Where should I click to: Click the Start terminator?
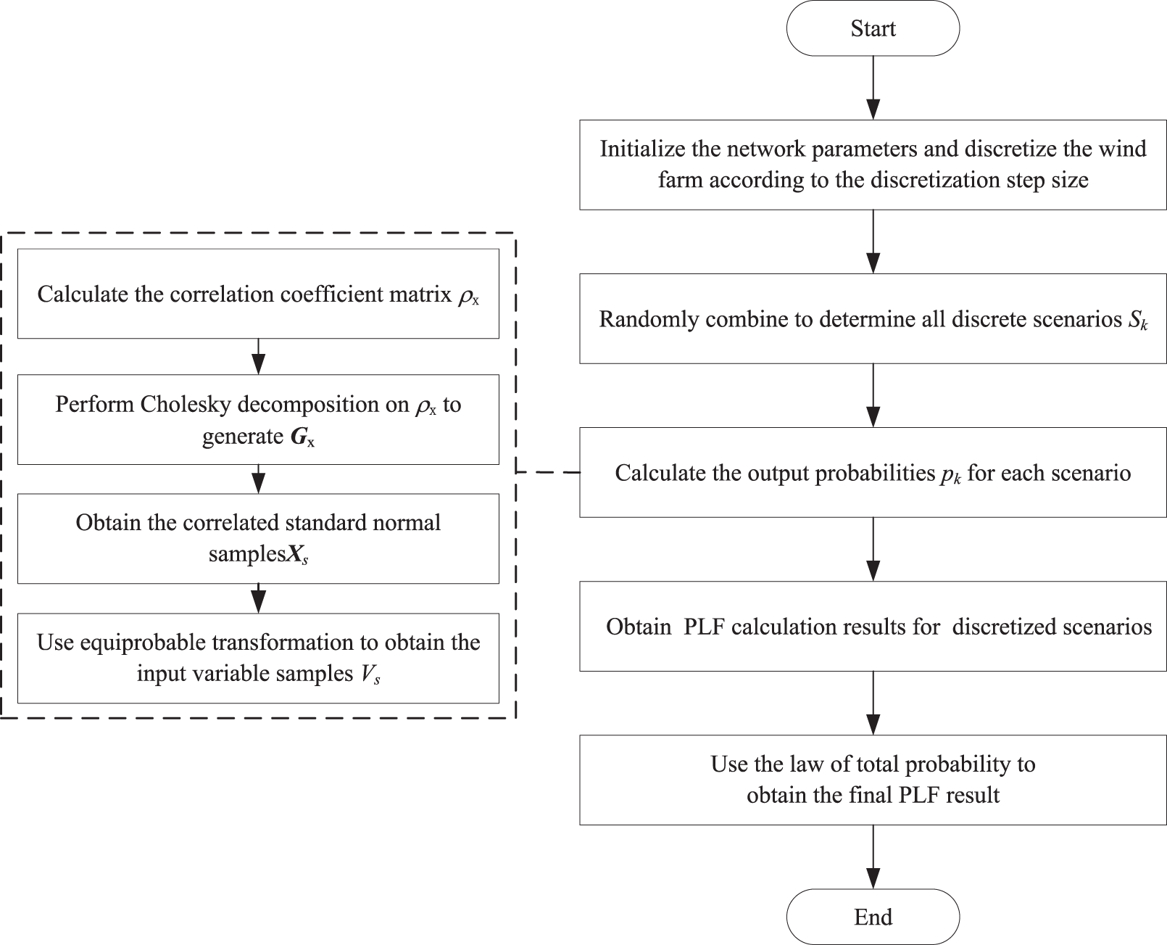click(873, 28)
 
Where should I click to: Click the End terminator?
click(873, 917)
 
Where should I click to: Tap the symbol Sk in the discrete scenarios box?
click(1137, 320)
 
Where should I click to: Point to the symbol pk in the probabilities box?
click(950, 474)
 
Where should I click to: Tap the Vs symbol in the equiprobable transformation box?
click(369, 674)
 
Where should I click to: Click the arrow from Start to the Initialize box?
click(873, 87)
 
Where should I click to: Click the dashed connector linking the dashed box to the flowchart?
click(547, 472)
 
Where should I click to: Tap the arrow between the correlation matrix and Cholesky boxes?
click(258, 356)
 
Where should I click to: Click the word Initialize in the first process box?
click(641, 149)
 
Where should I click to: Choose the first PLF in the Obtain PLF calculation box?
click(704, 627)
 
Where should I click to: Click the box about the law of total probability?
click(873, 780)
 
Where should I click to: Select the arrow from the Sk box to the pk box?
click(873, 395)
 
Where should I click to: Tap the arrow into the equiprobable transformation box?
click(258, 598)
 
